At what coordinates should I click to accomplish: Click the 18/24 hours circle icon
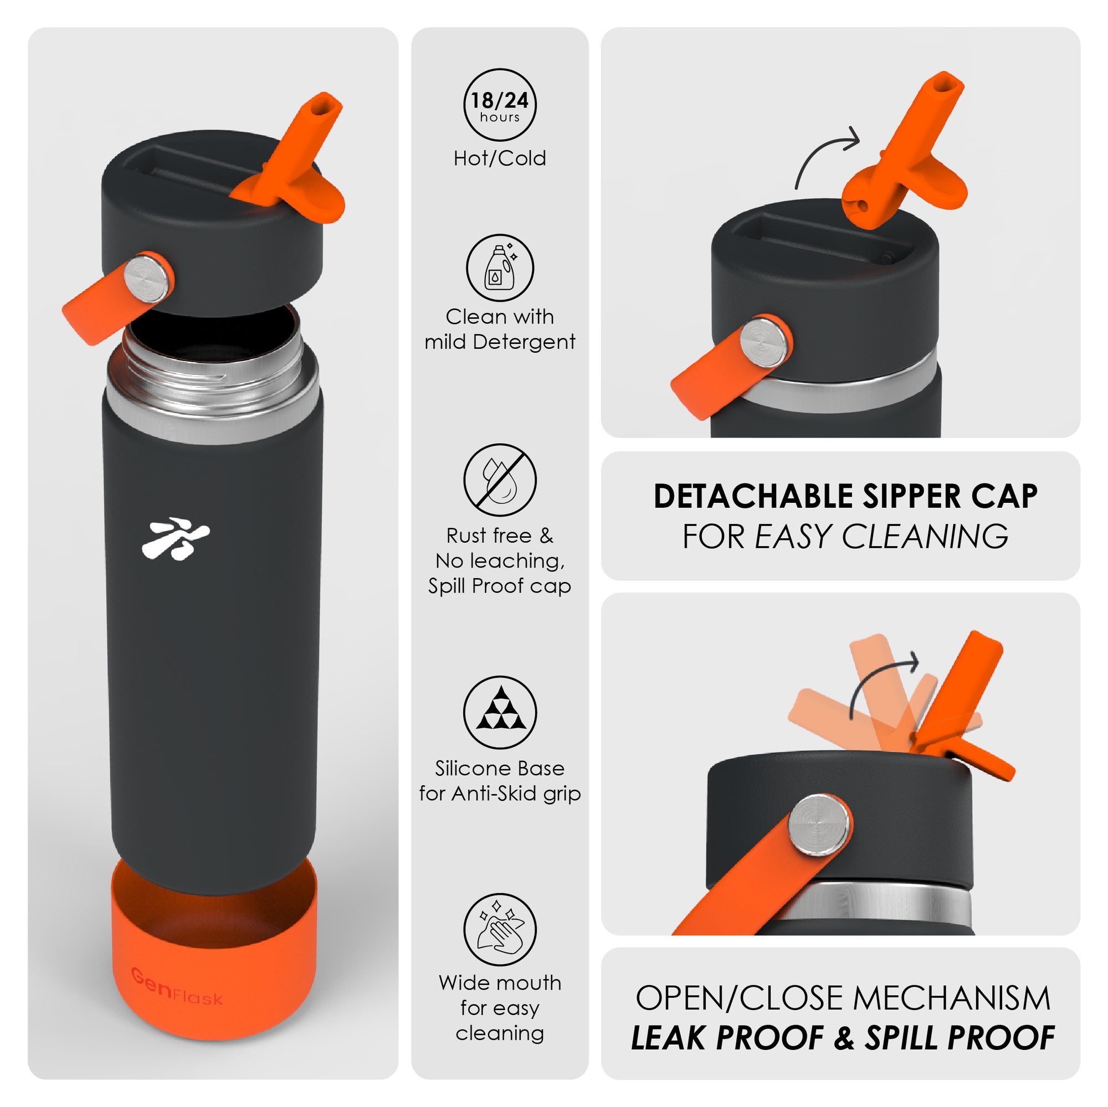coord(500,104)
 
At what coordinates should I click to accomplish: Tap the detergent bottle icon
coord(500,267)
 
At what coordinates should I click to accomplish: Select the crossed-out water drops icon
coord(500,480)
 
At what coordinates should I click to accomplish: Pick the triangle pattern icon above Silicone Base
coord(500,713)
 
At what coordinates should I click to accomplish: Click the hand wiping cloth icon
coord(500,929)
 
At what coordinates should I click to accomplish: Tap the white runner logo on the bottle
coord(176,537)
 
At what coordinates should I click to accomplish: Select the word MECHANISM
coord(952,998)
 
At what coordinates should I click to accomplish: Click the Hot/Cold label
coord(500,158)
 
